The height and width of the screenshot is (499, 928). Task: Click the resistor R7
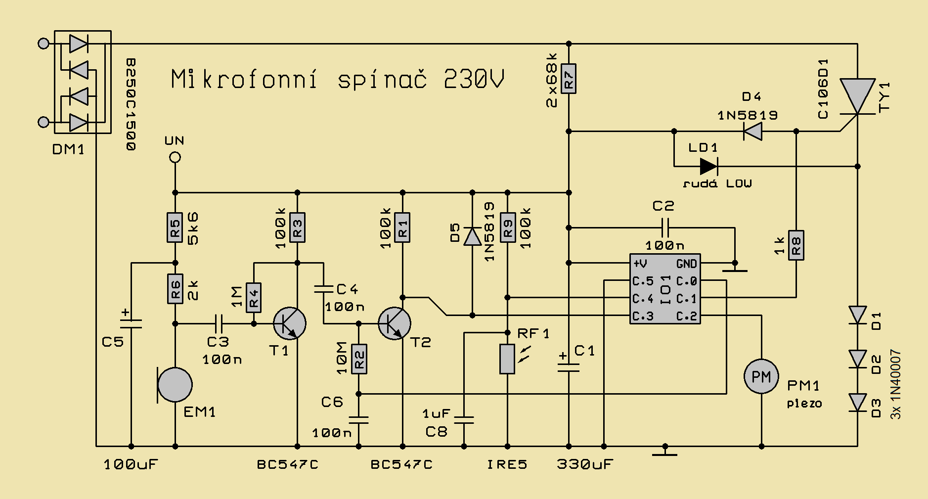coord(569,79)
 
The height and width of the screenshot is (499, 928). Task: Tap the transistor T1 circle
coord(290,323)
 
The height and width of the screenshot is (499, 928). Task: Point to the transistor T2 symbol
coord(395,323)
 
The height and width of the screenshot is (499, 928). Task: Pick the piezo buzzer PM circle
coord(761,377)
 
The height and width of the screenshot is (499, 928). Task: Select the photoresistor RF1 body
coord(507,359)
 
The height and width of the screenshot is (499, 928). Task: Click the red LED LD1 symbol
coord(708,166)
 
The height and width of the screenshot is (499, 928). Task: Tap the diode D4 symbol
coord(752,131)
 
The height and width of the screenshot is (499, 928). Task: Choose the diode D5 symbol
coord(472,236)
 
